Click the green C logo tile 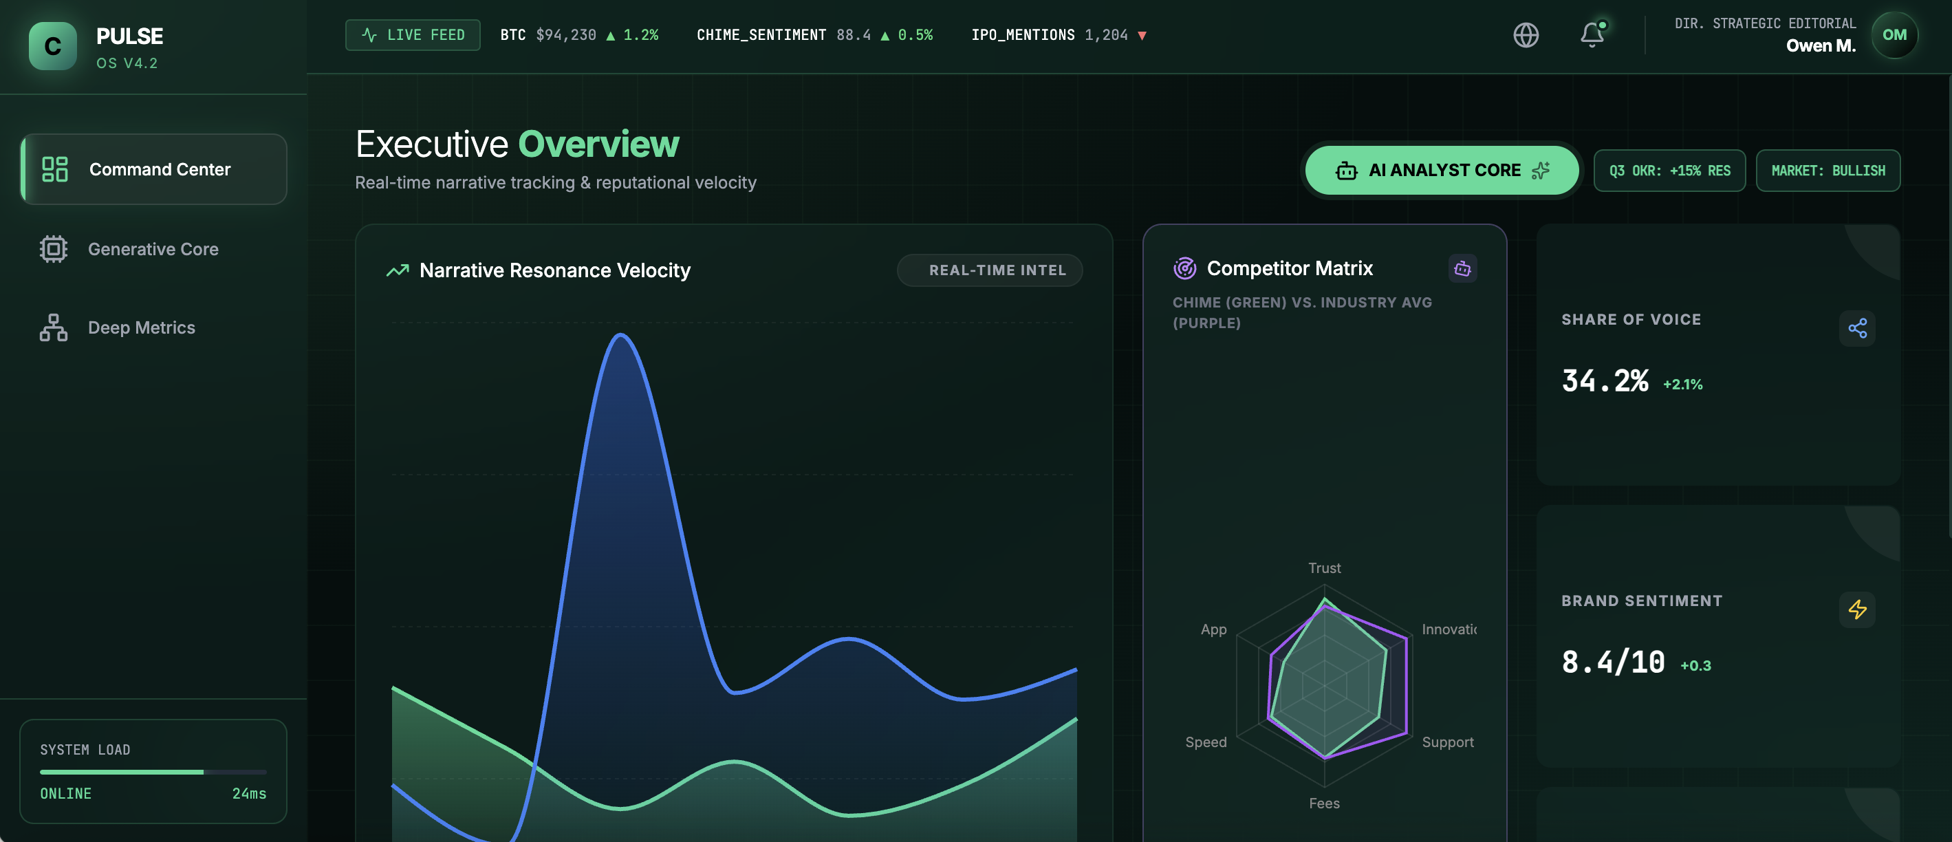click(52, 46)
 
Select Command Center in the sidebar click(153, 169)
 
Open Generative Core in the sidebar click(153, 248)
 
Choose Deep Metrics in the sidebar click(142, 327)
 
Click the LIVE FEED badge click(412, 35)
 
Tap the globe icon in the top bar click(1526, 35)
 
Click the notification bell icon click(1592, 35)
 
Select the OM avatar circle click(1894, 35)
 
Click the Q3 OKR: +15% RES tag click(1669, 171)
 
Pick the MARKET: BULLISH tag click(1827, 171)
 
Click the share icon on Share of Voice click(1856, 328)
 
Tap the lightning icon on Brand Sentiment click(1856, 609)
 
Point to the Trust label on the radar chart click(1324, 568)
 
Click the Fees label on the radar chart click(1324, 803)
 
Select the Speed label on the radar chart click(1206, 742)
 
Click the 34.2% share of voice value click(1604, 380)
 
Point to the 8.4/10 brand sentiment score click(1612, 662)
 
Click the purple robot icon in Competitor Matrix click(1462, 268)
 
